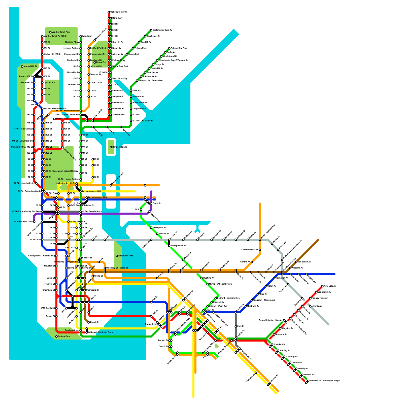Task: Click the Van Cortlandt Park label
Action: [x=61, y=32]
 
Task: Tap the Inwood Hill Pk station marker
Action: [x=22, y=66]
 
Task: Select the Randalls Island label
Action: [x=120, y=147]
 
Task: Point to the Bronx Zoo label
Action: [x=101, y=62]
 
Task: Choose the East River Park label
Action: [x=126, y=256]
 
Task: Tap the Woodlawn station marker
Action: [x=81, y=36]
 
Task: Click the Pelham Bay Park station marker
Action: [x=169, y=48]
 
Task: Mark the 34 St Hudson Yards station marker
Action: [x=34, y=222]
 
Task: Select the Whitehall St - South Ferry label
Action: [x=100, y=332]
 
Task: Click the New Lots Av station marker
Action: [x=322, y=286]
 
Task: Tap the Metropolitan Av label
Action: [x=178, y=246]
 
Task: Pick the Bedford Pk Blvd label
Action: [x=98, y=48]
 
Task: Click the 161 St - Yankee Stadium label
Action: [x=67, y=111]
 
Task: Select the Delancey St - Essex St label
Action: [x=117, y=268]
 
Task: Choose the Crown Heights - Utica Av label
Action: [x=271, y=320]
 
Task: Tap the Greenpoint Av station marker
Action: [x=151, y=228]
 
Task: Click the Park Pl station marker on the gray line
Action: [x=236, y=326]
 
